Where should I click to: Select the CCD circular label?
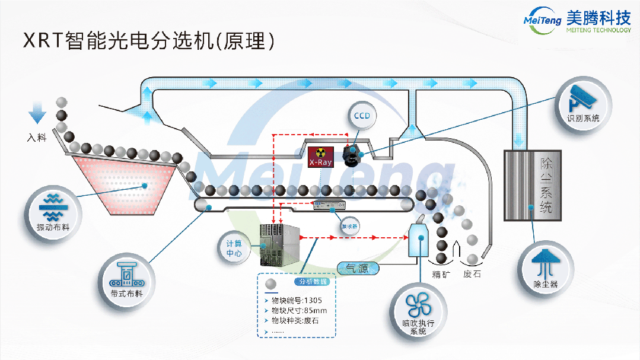point(362,116)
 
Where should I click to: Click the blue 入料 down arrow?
point(37,113)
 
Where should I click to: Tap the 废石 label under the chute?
point(473,275)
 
